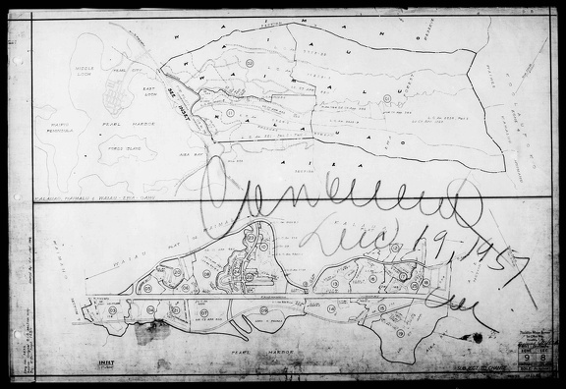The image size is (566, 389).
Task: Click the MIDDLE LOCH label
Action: pos(84,72)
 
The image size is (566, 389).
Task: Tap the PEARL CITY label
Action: pos(124,72)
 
